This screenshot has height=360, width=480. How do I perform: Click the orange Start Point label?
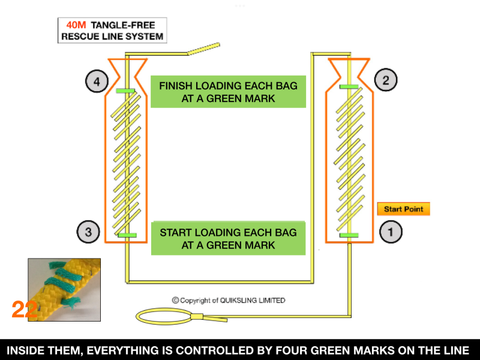point(403,209)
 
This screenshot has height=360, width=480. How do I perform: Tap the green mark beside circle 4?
point(125,91)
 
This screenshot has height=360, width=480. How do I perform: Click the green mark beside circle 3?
point(127,235)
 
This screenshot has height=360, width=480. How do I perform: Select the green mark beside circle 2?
point(348,87)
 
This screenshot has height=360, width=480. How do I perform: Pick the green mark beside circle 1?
point(348,235)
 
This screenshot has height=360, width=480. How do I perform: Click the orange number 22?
point(25,310)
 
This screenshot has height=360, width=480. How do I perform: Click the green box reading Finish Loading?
point(228,91)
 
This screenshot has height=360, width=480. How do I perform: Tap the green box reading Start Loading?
point(228,238)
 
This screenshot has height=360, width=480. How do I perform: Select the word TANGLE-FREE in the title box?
point(124,26)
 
